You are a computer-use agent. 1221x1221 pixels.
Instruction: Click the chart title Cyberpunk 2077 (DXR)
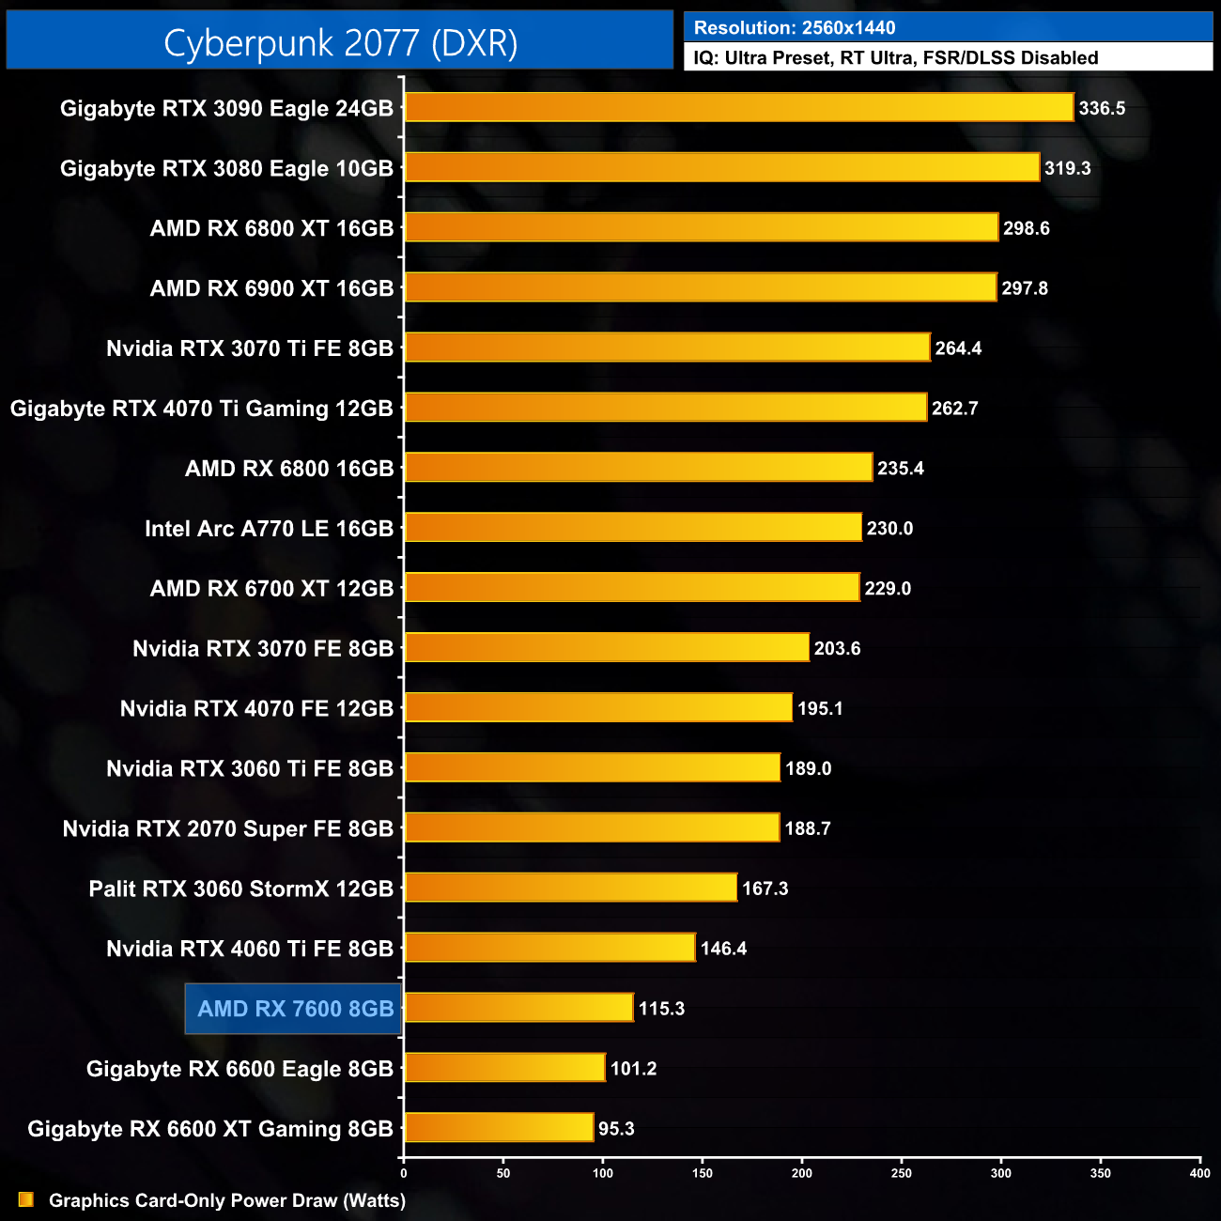[x=340, y=42]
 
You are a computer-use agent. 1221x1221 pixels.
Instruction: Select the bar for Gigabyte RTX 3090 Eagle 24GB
[x=739, y=107]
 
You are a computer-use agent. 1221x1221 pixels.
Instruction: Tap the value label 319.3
[x=1068, y=168]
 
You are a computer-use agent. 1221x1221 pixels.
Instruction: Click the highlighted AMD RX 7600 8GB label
[x=295, y=1009]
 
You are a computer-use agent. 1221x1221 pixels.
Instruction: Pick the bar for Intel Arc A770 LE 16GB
[x=633, y=528]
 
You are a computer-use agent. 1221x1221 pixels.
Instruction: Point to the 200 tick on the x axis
[x=802, y=1172]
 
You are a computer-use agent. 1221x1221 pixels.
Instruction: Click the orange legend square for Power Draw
[x=26, y=1199]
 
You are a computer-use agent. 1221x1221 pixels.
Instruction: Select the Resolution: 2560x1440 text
[x=795, y=28]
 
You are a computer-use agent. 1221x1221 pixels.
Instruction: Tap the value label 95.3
[x=616, y=1129]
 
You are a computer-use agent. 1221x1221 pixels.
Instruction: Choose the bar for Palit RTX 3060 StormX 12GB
[x=571, y=888]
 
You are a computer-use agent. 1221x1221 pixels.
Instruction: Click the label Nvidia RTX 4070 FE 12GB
[x=256, y=708]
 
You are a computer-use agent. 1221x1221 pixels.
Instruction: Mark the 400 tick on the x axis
[x=1199, y=1172]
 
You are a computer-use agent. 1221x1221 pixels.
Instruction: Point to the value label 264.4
[x=958, y=348]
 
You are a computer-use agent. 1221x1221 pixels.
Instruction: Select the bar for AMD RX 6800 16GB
[x=639, y=467]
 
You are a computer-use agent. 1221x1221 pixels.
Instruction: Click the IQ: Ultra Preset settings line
[x=895, y=58]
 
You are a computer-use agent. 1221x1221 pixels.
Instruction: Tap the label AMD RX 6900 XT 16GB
[x=271, y=288]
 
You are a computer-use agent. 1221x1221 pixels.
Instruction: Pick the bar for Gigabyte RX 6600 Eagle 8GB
[x=505, y=1068]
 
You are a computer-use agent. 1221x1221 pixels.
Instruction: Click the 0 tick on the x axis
[x=404, y=1172]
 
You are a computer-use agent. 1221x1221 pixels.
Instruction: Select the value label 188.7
[x=808, y=828]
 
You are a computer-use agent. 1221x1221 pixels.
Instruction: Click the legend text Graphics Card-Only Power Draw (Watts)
[x=227, y=1200]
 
